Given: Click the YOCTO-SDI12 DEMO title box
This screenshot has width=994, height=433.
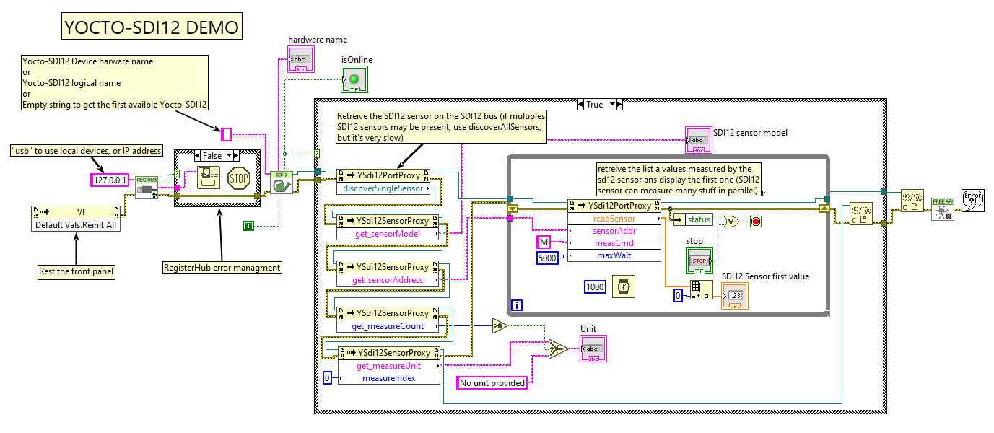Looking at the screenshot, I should click(x=151, y=27).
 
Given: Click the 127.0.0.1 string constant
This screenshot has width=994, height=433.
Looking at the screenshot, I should click(x=110, y=180).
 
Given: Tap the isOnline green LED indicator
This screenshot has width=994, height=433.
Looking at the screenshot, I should click(x=354, y=79).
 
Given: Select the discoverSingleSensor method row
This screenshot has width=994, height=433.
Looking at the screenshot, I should click(x=383, y=188).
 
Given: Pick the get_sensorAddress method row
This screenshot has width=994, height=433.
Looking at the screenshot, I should click(x=388, y=280).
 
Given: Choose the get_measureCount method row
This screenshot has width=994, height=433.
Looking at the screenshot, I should click(x=388, y=326).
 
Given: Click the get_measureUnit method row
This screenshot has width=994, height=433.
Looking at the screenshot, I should click(x=388, y=366).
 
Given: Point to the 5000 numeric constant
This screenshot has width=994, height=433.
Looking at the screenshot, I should click(x=546, y=257).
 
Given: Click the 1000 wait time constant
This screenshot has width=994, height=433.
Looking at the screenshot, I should click(x=596, y=287).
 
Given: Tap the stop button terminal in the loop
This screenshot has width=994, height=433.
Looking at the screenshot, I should click(x=699, y=260).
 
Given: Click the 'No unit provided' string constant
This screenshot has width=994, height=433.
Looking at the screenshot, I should click(x=492, y=383).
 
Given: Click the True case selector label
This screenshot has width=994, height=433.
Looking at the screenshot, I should click(x=595, y=105).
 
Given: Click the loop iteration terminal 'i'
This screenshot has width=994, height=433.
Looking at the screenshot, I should click(x=517, y=305).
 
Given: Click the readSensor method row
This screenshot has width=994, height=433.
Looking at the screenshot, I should click(x=614, y=219).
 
